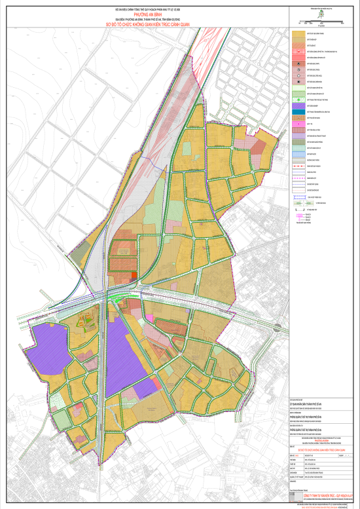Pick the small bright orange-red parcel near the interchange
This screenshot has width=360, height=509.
tap(134, 276)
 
